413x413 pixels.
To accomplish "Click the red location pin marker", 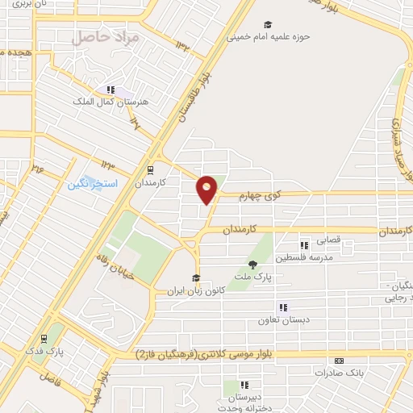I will point(207,190).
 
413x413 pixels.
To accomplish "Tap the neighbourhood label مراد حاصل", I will point(94,36).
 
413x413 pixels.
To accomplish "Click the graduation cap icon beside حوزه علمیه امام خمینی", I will point(268,23).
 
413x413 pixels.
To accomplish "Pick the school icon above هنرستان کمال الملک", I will point(111,90).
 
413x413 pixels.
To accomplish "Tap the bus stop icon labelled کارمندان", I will point(149,170).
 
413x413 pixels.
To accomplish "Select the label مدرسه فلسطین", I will point(304,257).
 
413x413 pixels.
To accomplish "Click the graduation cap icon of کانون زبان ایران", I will point(194,278).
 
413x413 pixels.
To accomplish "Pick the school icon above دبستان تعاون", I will point(282,307).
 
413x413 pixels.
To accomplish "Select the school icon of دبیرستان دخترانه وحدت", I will point(245,386).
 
